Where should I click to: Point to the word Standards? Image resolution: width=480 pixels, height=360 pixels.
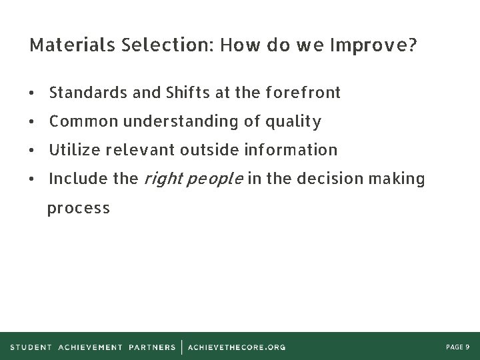coord(89,93)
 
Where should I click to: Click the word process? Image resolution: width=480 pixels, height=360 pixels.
coord(79,208)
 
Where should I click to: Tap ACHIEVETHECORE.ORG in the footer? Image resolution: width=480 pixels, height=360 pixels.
coord(237,347)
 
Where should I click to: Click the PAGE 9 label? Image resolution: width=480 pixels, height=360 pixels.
coord(457,347)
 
